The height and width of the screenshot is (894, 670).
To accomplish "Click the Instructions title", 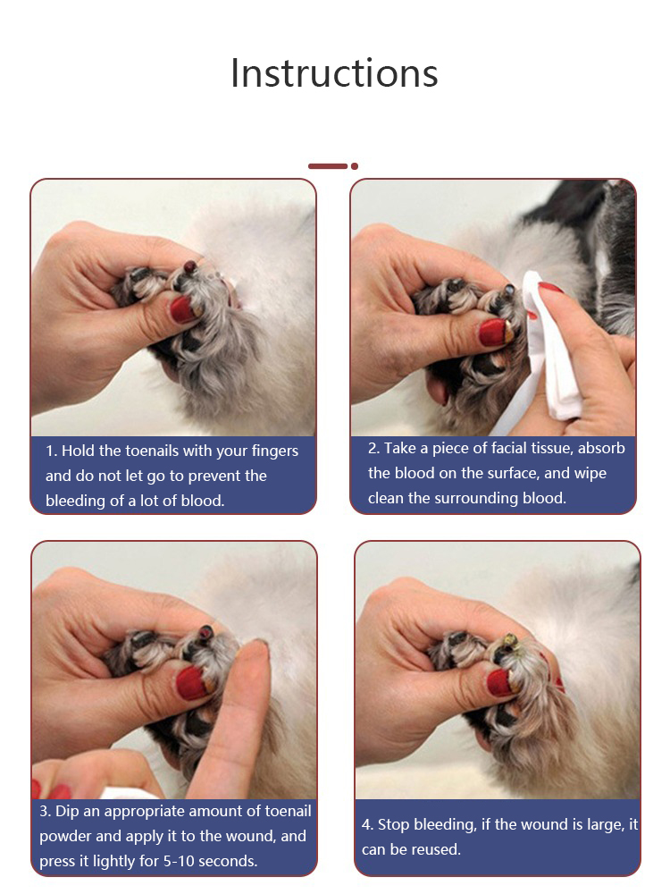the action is click(334, 73).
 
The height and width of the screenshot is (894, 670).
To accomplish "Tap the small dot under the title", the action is click(355, 166).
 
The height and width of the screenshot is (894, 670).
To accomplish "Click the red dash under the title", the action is click(328, 166).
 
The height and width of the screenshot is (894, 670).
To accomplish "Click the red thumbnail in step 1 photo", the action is click(183, 309).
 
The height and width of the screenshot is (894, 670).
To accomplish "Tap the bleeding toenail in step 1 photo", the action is click(189, 266).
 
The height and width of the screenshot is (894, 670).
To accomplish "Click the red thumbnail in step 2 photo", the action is click(494, 333).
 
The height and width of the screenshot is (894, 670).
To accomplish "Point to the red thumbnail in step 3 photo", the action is click(192, 682).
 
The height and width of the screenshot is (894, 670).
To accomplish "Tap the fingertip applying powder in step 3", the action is click(254, 655).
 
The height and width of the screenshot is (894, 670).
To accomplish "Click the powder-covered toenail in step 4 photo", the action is click(509, 641).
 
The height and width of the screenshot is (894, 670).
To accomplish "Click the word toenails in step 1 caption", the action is click(154, 451).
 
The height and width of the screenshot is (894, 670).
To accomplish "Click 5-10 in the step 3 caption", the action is click(180, 861).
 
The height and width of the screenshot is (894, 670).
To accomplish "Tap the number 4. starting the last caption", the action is click(367, 824).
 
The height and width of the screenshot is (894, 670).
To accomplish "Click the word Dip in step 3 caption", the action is click(67, 812).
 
